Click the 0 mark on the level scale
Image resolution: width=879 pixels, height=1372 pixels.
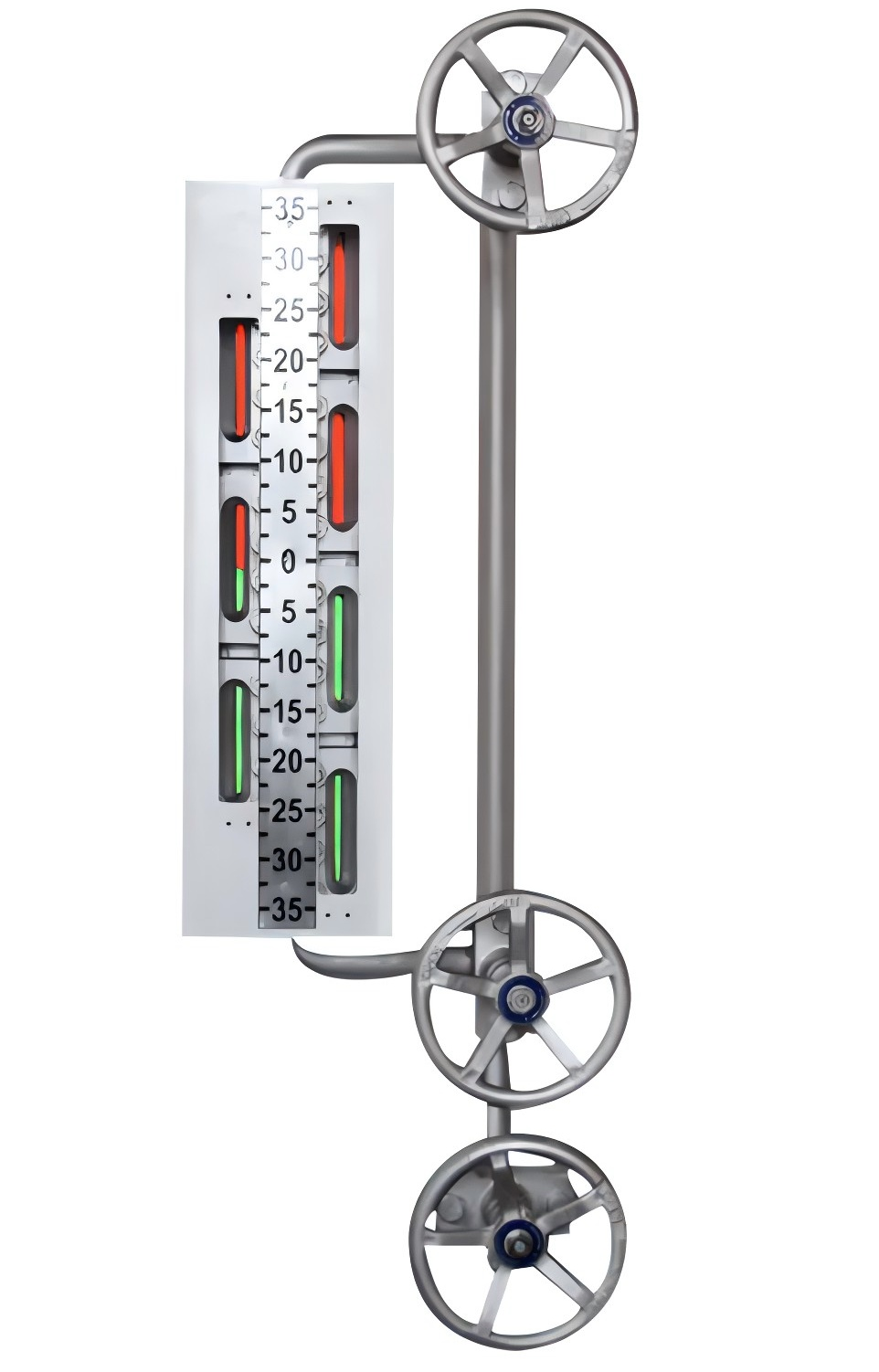click(x=289, y=562)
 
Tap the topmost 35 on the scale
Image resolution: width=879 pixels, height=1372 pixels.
click(x=289, y=210)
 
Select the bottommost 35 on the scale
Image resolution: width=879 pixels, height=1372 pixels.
click(x=288, y=911)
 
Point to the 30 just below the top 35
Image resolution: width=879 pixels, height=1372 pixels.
click(x=289, y=260)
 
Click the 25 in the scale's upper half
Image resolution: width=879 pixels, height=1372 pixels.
click(x=289, y=311)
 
